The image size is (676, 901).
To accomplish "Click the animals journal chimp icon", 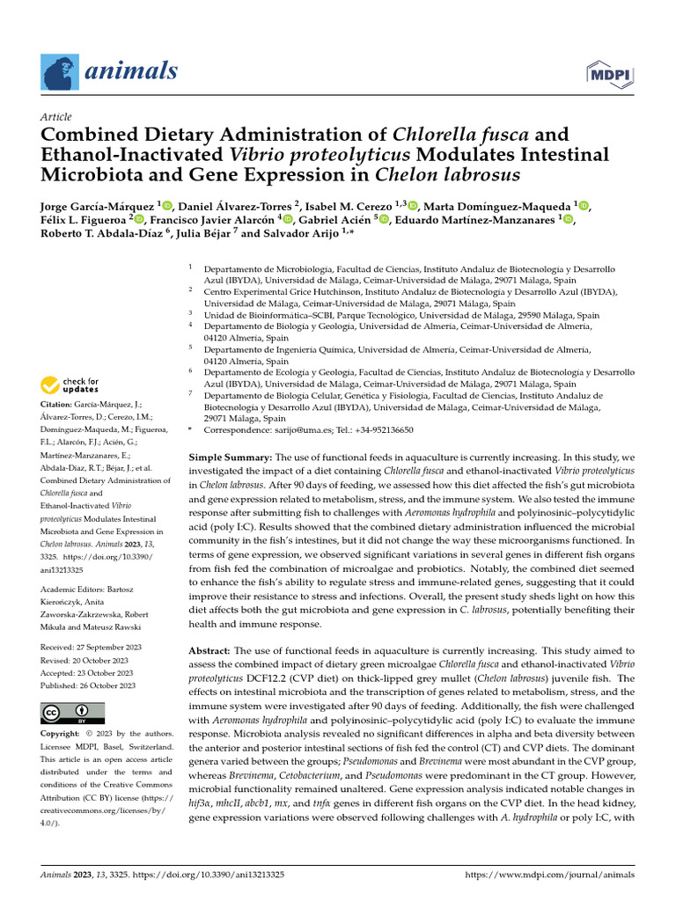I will [60, 70].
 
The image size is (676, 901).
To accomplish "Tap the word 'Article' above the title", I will [57, 117].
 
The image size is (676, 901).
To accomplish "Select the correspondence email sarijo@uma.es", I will [320, 430].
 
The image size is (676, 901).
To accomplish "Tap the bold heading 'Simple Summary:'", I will [231, 458].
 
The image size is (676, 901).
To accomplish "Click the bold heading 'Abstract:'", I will [213, 647].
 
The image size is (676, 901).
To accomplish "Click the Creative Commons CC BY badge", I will [72, 713].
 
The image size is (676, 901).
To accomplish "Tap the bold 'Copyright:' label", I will [65, 733].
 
